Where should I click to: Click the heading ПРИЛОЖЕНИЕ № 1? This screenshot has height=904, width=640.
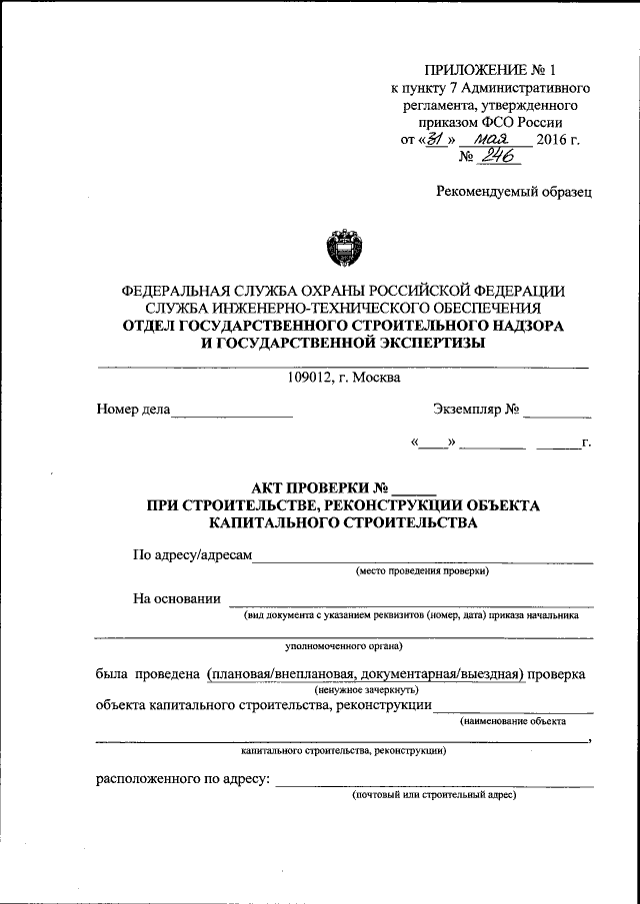[490, 70]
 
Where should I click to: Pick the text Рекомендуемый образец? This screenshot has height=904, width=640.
[514, 191]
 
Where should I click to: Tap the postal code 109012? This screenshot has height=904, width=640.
[314, 377]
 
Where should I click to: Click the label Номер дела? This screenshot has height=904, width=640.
[133, 409]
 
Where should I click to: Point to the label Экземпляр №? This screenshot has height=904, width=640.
[476, 409]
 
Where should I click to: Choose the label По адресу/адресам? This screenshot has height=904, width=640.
[192, 554]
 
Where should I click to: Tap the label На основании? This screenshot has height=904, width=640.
[176, 598]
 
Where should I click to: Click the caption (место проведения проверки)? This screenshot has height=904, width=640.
[422, 571]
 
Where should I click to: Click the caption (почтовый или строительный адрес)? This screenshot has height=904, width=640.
[433, 795]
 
